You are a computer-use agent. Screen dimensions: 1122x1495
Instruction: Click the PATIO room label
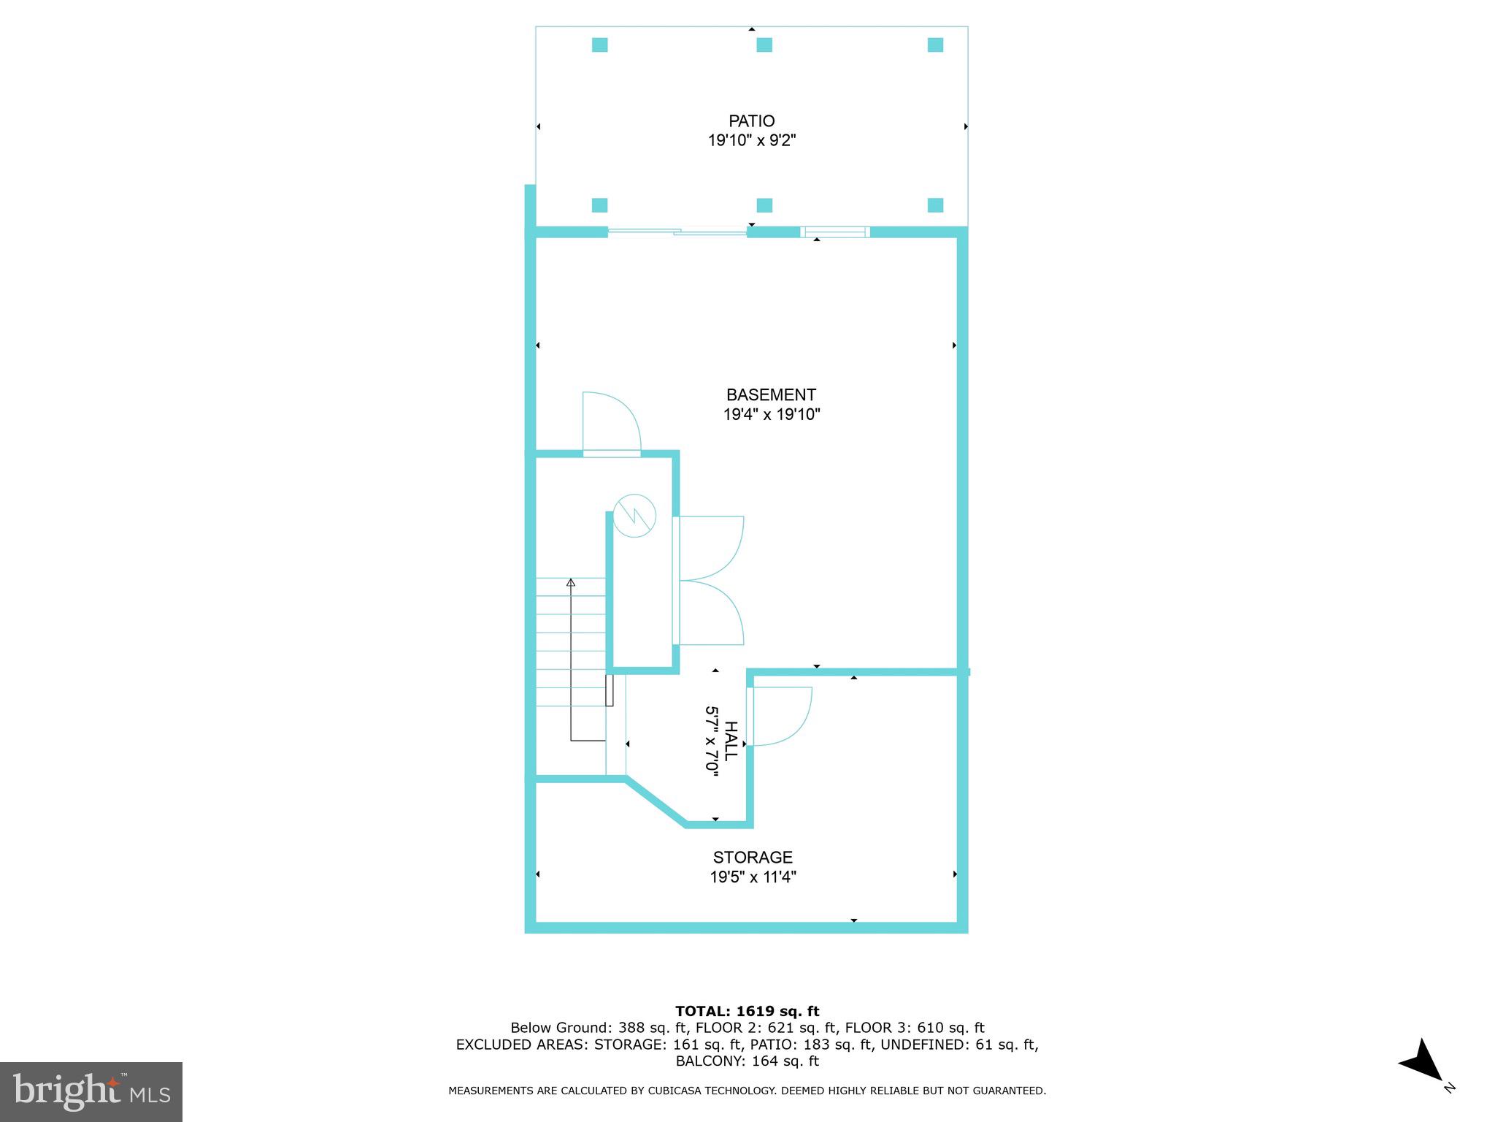[751, 121]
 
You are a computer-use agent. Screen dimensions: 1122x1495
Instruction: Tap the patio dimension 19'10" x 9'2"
[751, 140]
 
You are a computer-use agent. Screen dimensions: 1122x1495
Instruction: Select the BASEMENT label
[771, 394]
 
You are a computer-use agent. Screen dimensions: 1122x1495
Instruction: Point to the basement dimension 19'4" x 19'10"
[771, 414]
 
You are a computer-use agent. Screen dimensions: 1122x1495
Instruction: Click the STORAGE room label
[752, 857]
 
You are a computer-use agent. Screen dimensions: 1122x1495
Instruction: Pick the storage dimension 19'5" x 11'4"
[752, 877]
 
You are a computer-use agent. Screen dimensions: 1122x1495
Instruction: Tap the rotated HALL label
[731, 741]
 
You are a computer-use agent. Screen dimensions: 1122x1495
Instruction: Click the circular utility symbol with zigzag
[634, 516]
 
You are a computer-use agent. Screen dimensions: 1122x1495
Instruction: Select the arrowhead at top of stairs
[571, 582]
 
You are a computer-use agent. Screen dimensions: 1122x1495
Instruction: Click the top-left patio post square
[599, 45]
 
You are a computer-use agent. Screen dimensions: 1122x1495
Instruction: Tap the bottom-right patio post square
[935, 205]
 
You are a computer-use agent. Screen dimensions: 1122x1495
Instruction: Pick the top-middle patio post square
[764, 45]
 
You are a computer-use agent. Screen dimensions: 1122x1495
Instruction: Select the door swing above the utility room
[612, 424]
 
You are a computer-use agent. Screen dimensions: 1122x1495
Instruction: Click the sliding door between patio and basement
[677, 232]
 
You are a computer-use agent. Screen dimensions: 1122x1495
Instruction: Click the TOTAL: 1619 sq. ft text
[747, 1011]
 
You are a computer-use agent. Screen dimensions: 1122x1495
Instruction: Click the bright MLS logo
[91, 1091]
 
